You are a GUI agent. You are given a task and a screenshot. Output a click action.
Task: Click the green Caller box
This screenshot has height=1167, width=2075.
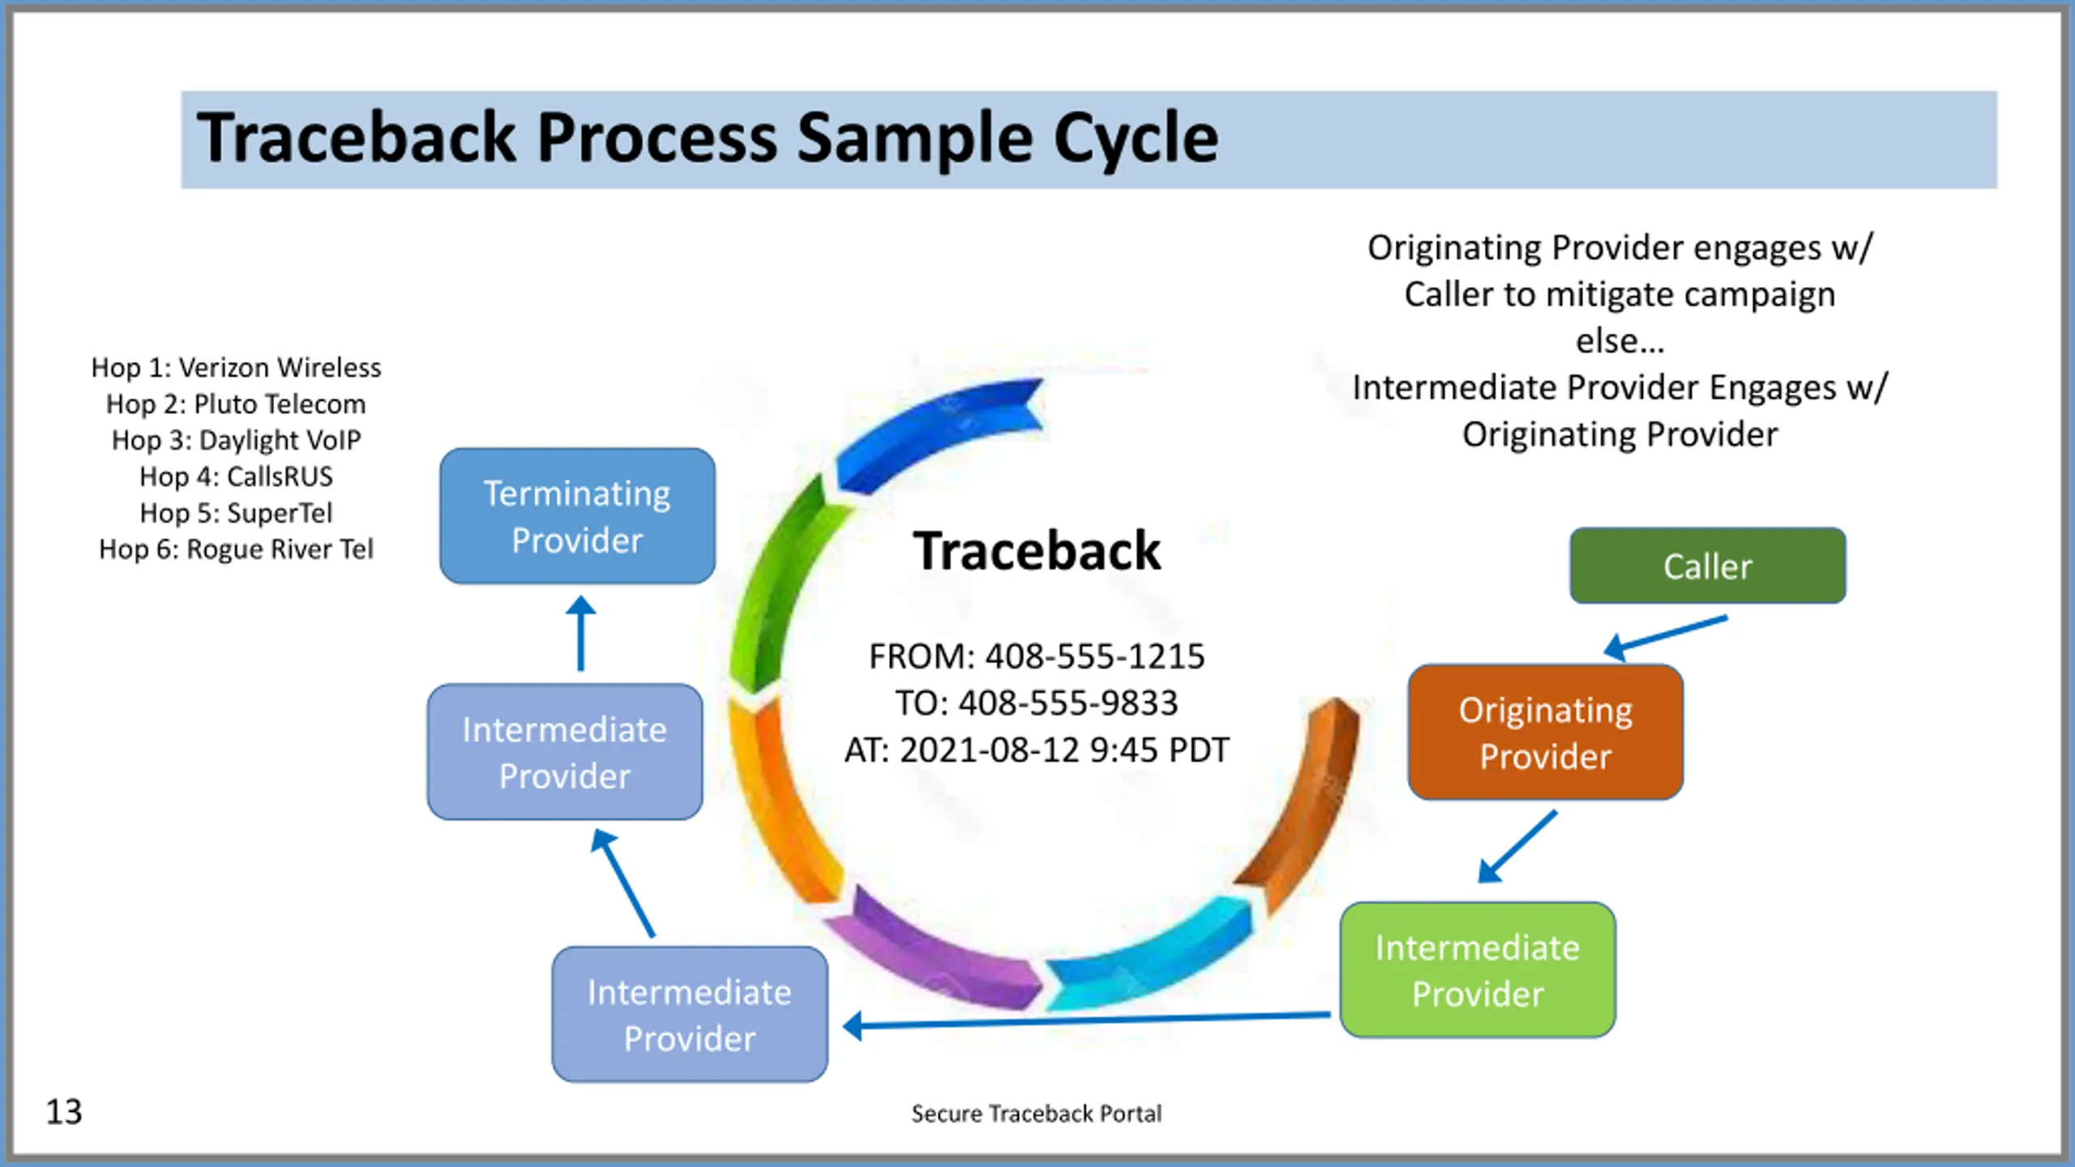tap(1707, 566)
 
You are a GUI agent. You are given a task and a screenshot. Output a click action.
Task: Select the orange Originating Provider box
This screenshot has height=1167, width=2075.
tap(1545, 733)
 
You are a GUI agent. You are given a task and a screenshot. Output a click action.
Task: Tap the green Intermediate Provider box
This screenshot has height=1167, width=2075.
tap(1478, 970)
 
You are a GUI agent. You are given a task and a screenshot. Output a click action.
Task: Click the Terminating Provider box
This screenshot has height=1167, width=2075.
tap(577, 516)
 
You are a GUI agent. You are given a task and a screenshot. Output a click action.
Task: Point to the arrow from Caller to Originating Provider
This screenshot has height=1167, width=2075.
tap(1666, 638)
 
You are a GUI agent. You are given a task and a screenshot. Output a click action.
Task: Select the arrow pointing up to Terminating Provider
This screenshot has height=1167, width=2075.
tap(580, 634)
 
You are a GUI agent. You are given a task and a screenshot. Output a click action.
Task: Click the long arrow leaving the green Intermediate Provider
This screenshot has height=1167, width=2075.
tap(1086, 1021)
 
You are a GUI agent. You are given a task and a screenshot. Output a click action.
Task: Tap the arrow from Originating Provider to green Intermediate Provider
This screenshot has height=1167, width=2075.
tap(1517, 846)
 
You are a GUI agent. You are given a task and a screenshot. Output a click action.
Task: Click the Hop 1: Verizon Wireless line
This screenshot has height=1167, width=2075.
tap(236, 368)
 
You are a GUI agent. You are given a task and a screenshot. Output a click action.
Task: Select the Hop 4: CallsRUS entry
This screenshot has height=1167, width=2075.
tap(236, 477)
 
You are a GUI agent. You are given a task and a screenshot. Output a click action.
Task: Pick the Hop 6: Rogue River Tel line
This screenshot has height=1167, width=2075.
tap(236, 549)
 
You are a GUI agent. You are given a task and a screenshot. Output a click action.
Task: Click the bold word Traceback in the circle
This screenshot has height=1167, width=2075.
tap(1037, 551)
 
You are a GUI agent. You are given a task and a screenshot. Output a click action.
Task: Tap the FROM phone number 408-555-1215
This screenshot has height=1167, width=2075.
tap(1095, 656)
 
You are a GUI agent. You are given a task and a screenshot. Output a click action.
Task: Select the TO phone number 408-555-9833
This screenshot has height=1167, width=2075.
tap(1068, 703)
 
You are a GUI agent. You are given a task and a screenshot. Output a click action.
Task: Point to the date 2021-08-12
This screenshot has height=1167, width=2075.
tap(990, 750)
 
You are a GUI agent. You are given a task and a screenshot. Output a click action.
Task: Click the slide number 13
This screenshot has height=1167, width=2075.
tap(64, 1112)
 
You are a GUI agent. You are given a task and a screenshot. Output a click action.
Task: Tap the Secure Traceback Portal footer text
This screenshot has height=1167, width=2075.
tap(1036, 1114)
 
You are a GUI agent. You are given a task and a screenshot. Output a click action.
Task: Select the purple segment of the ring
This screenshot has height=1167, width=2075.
tap(932, 952)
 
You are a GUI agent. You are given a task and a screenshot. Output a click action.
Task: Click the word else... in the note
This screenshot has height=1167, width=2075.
tap(1619, 341)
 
